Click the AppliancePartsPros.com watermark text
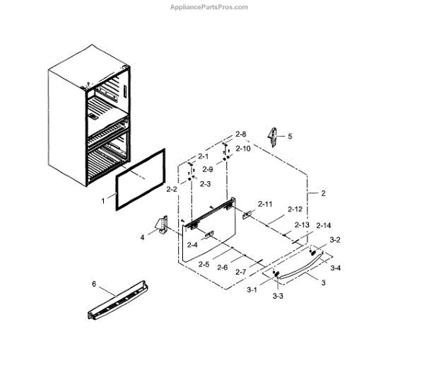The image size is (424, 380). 209,7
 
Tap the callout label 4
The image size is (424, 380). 141,237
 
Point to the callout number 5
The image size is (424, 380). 289,135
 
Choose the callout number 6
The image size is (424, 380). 93,283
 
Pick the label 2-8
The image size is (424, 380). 241,134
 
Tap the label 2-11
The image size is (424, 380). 266,204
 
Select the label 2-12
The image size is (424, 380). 295,209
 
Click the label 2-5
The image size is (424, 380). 204,264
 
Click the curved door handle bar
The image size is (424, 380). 297,267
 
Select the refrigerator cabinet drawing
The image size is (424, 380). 88,120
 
